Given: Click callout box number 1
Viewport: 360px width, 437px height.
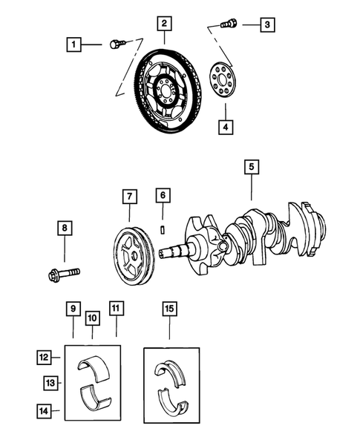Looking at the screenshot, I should [x=73, y=45].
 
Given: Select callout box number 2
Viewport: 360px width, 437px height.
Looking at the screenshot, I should [x=163, y=24].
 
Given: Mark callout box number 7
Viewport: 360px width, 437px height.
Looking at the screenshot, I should [x=130, y=197].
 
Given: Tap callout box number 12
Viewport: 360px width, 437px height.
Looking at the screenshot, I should [x=45, y=357].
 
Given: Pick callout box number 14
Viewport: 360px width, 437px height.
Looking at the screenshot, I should [x=45, y=409].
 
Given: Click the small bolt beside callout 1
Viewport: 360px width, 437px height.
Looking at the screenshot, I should [x=114, y=45].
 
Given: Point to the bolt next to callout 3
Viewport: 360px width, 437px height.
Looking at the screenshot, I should [x=229, y=24].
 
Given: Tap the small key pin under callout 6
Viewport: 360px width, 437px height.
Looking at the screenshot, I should [x=163, y=228].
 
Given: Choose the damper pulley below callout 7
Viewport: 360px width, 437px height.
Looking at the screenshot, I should [x=133, y=254].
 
